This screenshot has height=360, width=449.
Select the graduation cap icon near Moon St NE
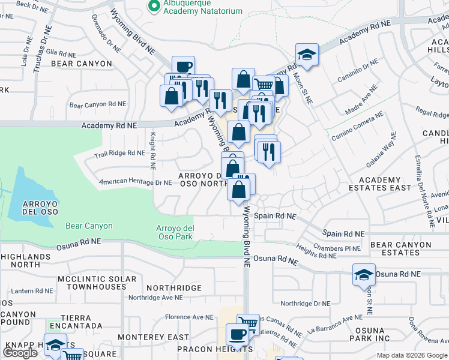coord(307,55)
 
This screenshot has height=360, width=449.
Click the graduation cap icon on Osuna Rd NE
coord(364,275)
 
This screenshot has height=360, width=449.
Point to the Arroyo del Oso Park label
coord(175,232)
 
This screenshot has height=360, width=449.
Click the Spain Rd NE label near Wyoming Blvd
coord(276,215)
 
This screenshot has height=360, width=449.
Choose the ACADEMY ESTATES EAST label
coord(385,184)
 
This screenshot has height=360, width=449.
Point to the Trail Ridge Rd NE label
coord(119,154)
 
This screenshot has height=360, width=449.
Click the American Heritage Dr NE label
coord(136,182)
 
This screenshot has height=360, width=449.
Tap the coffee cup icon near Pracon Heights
coord(237,334)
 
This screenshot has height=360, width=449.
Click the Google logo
coord(20,353)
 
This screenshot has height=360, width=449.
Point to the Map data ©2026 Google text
coord(412,355)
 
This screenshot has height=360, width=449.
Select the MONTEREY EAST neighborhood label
coord(154,338)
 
